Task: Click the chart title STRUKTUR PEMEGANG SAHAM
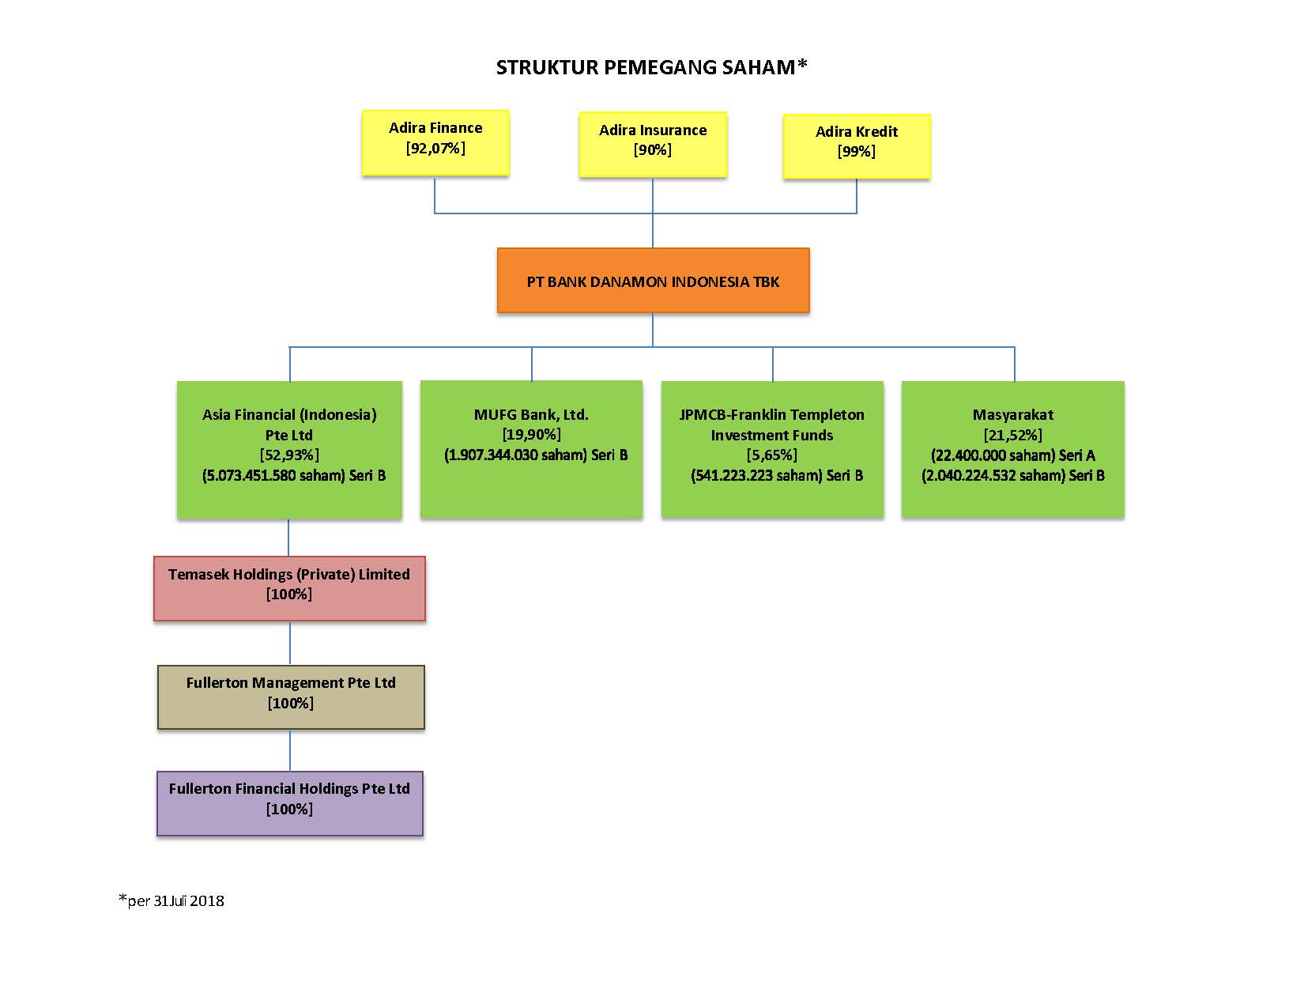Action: (651, 66)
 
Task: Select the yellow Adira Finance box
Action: (435, 143)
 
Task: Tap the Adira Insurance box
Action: (653, 144)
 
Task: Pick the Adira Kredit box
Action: (857, 146)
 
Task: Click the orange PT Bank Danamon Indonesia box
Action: (653, 281)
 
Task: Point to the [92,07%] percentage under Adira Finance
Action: (435, 149)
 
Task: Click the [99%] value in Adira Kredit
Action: (857, 151)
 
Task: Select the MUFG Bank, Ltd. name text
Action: (531, 415)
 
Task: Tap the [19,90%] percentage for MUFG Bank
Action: (532, 435)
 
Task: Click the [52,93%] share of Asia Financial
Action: (289, 455)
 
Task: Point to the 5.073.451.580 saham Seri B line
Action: (293, 475)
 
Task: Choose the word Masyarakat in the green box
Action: (1013, 415)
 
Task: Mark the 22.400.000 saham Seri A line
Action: (1013, 455)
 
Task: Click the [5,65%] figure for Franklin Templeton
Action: (771, 455)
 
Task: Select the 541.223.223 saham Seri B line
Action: (777, 475)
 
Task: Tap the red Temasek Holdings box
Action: (289, 588)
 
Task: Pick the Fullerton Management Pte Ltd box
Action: (291, 697)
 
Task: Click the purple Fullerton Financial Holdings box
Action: (290, 803)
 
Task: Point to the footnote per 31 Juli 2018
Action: (171, 900)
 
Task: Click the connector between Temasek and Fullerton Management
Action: (290, 643)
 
